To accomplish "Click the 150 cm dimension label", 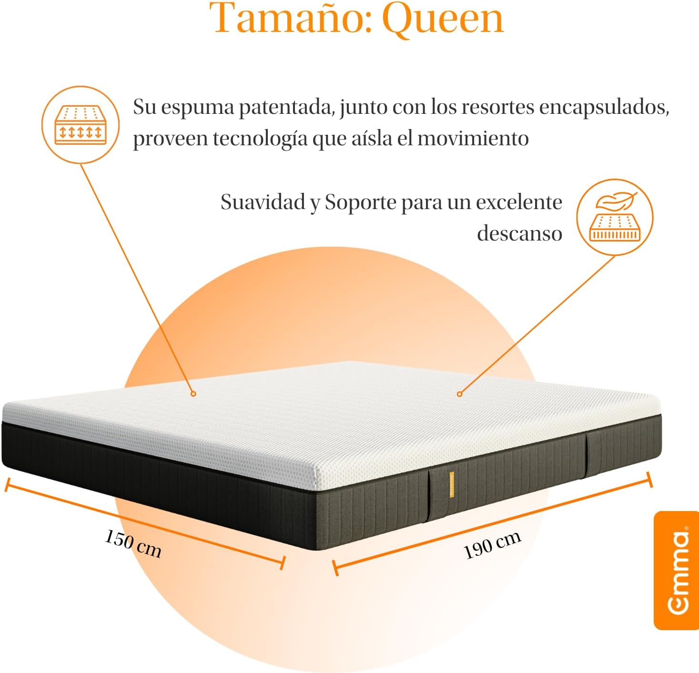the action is tap(133, 544).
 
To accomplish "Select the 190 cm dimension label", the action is tap(492, 545).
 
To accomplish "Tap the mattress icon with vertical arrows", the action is tap(81, 125).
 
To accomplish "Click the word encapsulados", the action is tap(604, 108).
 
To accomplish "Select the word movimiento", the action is tap(473, 138).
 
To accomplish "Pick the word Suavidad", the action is tap(263, 202).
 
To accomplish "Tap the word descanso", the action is tap(519, 233).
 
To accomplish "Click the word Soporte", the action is tap(361, 202).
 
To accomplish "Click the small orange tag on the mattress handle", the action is tap(452, 484).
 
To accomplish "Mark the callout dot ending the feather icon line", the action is tap(459, 394).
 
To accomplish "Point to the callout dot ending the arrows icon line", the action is tap(193, 394).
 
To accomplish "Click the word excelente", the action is tap(519, 202).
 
